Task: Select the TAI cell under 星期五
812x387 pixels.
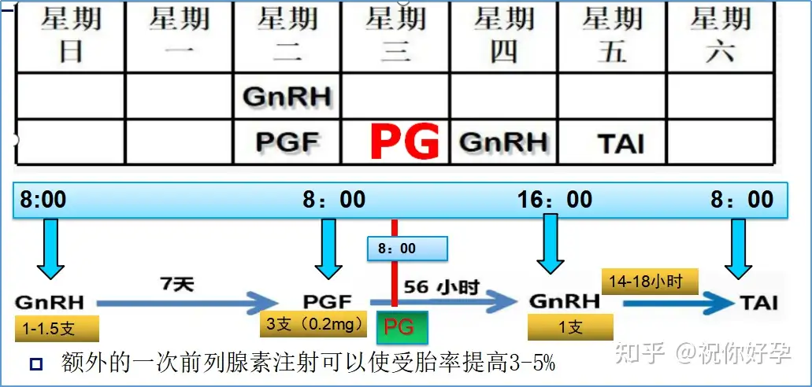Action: (622, 142)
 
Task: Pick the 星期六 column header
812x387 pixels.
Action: (720, 35)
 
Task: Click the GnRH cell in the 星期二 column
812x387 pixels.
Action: (287, 96)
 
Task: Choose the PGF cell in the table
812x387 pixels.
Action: (287, 142)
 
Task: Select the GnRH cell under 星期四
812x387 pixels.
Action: (504, 142)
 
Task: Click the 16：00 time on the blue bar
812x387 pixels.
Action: (554, 200)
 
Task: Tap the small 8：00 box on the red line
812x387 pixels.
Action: (407, 249)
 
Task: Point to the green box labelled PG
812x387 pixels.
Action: (402, 327)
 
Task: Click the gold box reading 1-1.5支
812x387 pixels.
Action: (57, 329)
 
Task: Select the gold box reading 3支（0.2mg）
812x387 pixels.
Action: (314, 325)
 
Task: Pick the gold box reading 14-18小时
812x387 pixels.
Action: (650, 282)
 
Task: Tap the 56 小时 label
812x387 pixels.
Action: (441, 287)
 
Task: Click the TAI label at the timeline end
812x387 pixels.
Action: (758, 302)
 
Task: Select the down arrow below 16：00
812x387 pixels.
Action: (550, 243)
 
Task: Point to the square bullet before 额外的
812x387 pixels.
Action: (36, 365)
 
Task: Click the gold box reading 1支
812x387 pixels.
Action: (570, 327)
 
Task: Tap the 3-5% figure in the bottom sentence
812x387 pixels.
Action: (536, 363)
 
